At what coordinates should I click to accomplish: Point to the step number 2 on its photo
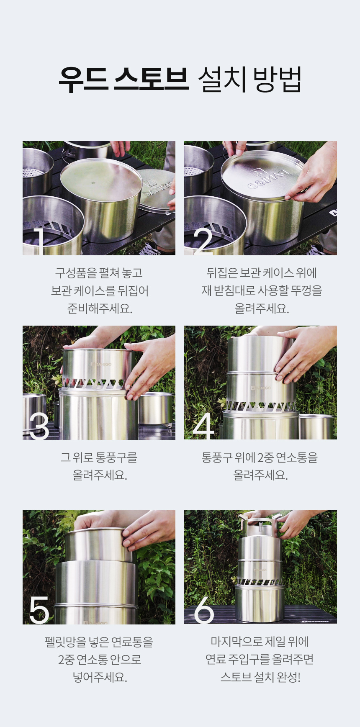pos(203,241)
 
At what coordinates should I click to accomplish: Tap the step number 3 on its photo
pos(39,425)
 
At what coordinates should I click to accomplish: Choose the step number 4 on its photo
pos(204,425)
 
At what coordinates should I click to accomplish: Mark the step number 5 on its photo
pos(39,610)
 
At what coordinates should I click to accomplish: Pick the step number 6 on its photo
pos(204,610)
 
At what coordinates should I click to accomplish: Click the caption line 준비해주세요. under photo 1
pos(100,308)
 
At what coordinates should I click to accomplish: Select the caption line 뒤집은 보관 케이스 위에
pos(261,273)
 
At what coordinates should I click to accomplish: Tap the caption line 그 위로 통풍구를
pos(99,457)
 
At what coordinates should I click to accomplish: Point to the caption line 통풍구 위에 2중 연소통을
pos(260,457)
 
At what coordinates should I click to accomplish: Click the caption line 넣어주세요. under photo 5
pos(100,677)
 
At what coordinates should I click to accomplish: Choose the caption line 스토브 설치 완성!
pos(260,677)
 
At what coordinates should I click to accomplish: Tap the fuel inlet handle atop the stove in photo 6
pos(260,526)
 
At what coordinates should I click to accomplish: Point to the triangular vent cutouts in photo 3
pos(94,383)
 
